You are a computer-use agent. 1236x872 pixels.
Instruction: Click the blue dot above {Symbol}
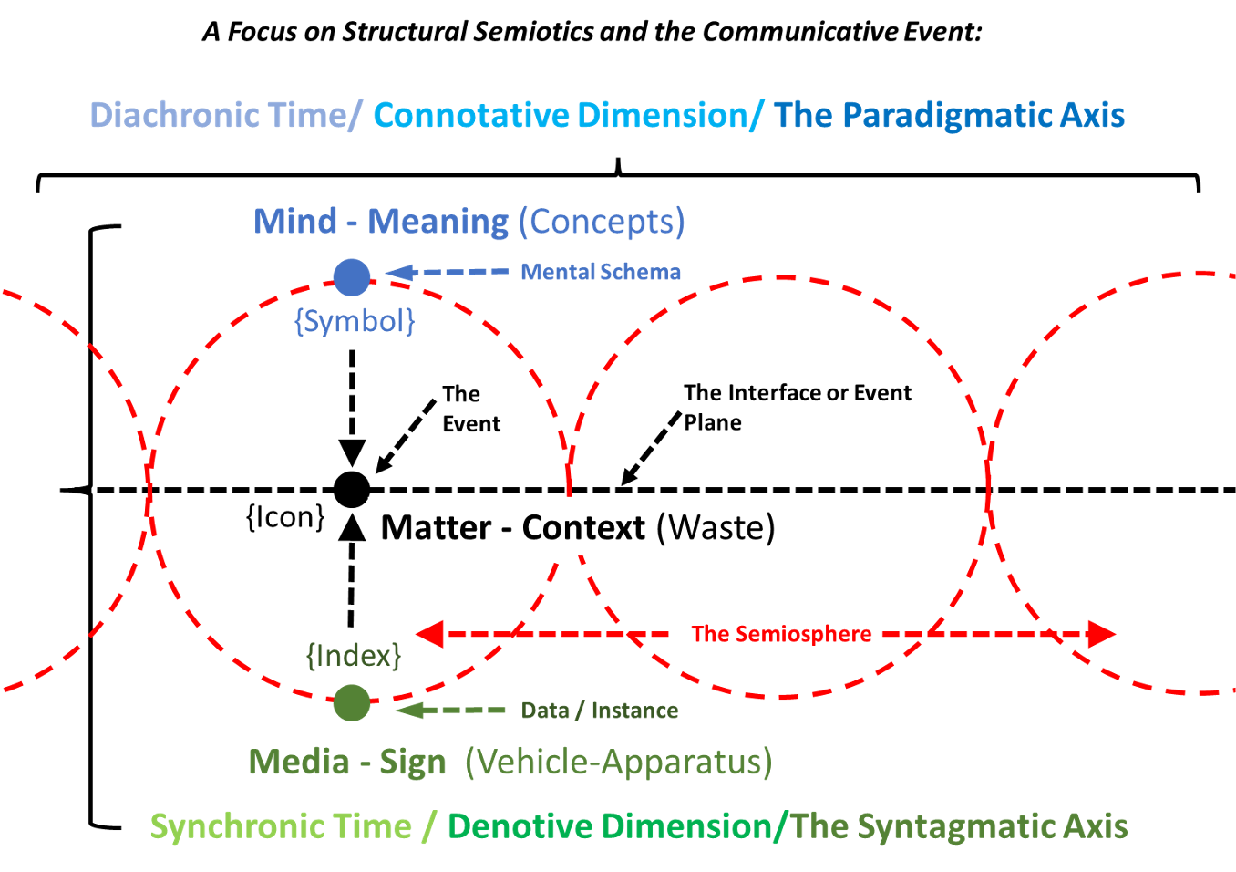[x=351, y=277]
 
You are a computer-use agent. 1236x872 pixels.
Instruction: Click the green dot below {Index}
[x=351, y=703]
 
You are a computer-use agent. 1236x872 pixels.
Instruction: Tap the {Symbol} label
[x=355, y=321]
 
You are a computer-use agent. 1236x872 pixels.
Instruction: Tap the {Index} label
[x=354, y=656]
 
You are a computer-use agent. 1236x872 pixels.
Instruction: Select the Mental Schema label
[x=601, y=272]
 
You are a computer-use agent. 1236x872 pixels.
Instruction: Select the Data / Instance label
[x=600, y=711]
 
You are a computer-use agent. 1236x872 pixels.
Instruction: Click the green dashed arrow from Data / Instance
[x=451, y=710]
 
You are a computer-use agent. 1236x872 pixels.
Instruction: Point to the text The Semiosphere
[x=781, y=634]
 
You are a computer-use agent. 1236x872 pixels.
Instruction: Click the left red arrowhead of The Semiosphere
[x=430, y=634]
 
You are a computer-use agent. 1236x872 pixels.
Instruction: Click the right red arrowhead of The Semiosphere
[x=1101, y=634]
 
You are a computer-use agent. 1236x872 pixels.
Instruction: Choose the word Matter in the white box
[x=436, y=527]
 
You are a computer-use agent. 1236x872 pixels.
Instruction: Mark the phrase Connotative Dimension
[x=561, y=116]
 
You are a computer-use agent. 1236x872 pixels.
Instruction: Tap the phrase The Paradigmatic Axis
[x=949, y=116]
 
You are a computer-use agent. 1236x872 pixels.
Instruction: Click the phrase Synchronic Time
[x=281, y=826]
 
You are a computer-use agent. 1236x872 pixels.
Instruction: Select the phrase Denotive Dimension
[x=609, y=826]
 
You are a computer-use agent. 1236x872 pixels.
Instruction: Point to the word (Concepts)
[x=602, y=222]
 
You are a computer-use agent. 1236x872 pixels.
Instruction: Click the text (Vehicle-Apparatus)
[x=618, y=762]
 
